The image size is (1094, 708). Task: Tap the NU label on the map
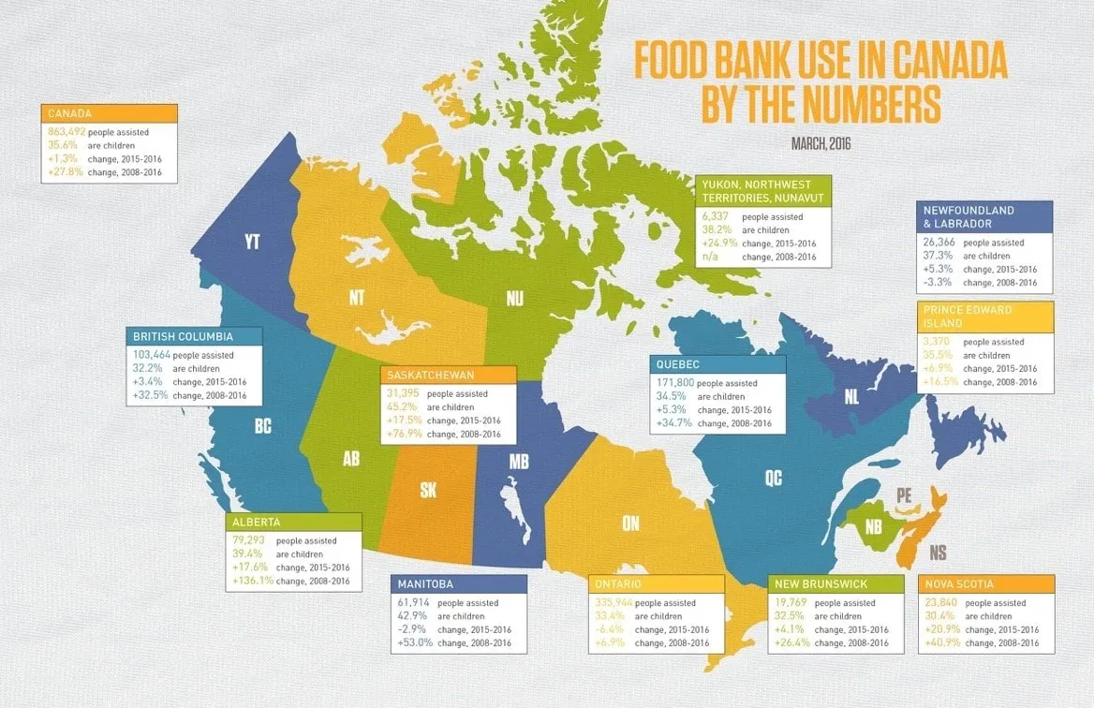point(515,299)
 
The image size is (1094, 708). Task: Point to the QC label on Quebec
point(773,479)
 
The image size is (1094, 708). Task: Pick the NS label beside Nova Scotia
point(937,553)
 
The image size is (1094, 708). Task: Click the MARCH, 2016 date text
point(820,144)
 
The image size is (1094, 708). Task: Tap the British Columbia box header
point(183,336)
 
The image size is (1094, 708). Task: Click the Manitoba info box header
point(428,583)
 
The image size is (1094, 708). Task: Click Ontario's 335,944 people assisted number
point(614,603)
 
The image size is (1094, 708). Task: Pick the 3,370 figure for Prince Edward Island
point(939,342)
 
